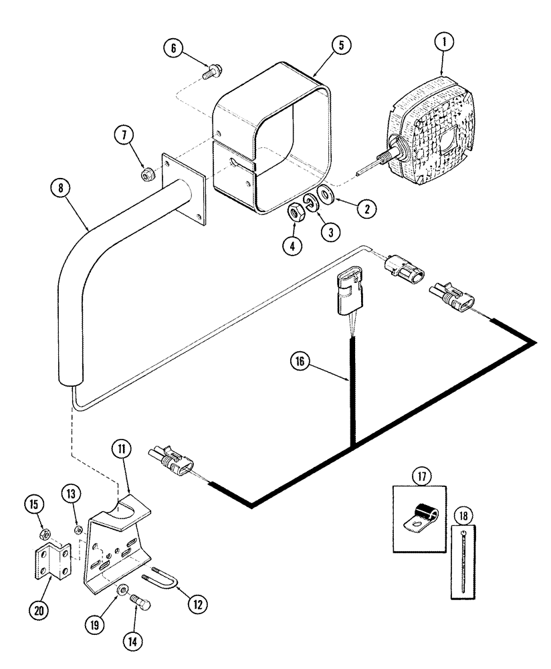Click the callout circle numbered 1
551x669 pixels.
tap(445, 41)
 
